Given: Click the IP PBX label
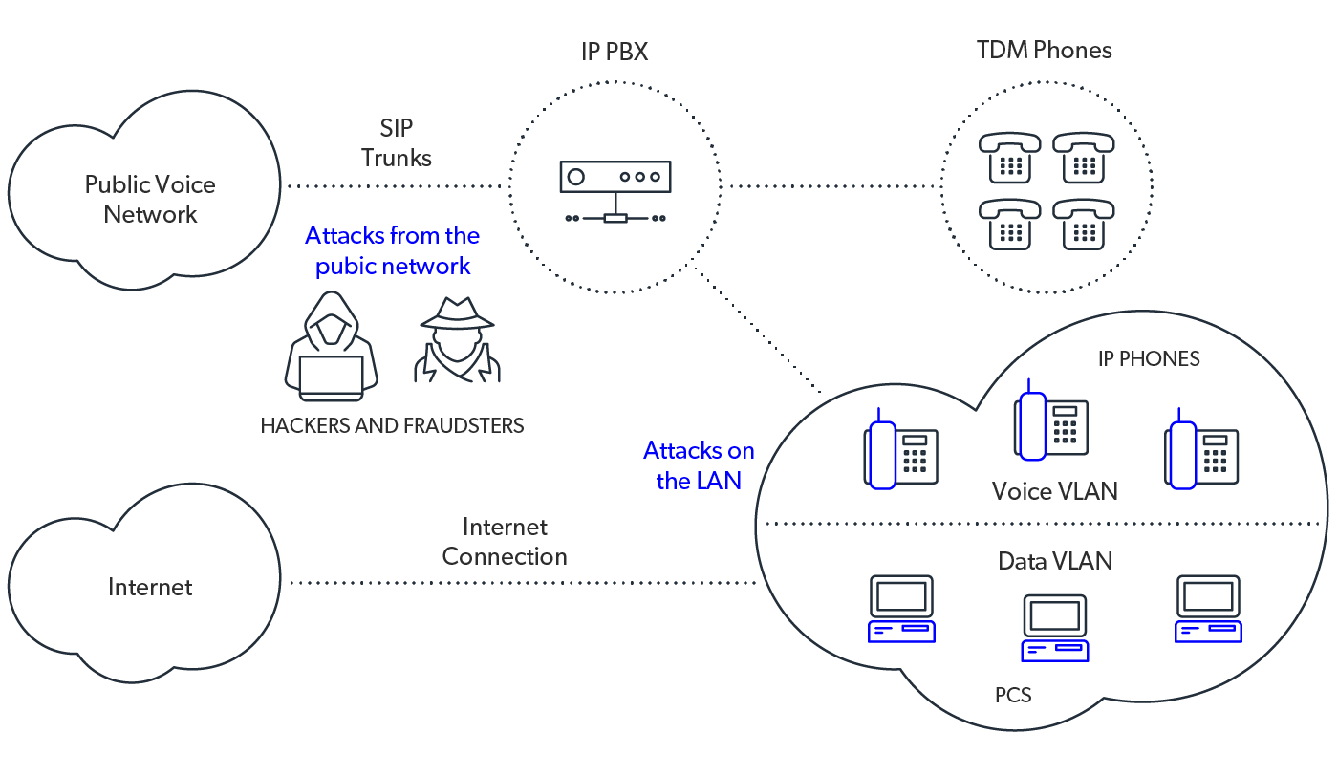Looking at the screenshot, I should [x=615, y=52].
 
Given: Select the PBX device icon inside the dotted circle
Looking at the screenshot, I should [x=615, y=190].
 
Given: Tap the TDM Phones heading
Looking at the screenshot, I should [x=1044, y=51].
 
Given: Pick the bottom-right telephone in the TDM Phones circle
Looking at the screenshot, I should [x=1084, y=224].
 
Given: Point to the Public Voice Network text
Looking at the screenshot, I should [x=150, y=199].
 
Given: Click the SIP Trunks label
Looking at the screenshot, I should [x=396, y=143].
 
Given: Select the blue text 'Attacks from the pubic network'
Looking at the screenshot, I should [x=393, y=250].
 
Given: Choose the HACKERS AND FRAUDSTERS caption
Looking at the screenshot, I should [x=392, y=425].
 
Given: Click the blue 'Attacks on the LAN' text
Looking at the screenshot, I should [x=699, y=465].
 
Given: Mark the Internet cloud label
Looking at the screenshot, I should [x=150, y=587].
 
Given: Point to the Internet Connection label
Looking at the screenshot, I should [x=505, y=542].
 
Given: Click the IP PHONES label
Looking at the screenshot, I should [x=1148, y=359].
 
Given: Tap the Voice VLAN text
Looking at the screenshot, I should [x=1054, y=491].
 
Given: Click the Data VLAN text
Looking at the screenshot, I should [x=1055, y=560].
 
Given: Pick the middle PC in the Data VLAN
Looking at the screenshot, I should [x=1054, y=628].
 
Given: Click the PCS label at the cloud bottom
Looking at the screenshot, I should [x=1013, y=695].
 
